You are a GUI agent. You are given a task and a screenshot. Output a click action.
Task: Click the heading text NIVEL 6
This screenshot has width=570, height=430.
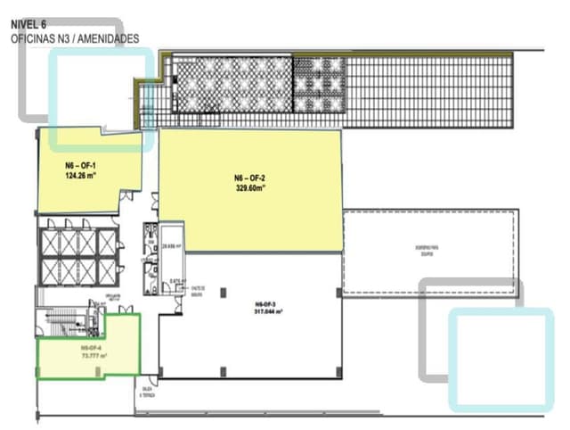click(28, 26)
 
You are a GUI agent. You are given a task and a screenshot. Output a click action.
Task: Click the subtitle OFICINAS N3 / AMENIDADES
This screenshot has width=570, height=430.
click(75, 39)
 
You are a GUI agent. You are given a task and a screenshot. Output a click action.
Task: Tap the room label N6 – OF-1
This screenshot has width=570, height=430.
click(80, 166)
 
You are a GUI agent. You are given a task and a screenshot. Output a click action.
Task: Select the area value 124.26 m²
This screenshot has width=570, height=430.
click(80, 176)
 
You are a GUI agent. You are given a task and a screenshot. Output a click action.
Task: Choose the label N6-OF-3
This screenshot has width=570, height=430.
click(268, 303)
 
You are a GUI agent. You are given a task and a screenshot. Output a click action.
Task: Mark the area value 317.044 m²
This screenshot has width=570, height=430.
click(268, 311)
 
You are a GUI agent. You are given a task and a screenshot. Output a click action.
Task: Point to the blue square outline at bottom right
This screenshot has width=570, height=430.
click(501, 359)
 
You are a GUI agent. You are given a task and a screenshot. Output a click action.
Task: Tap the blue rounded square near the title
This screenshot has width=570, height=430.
click(97, 98)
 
